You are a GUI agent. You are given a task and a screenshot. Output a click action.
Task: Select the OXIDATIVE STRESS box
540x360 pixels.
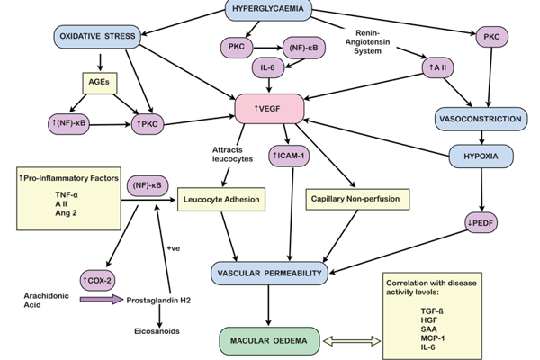96,36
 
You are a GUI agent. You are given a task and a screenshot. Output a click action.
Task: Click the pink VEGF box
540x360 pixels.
266,109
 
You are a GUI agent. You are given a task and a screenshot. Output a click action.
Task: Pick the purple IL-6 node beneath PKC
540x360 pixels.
266,67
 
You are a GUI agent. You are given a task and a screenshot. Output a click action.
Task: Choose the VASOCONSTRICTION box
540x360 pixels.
479,118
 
